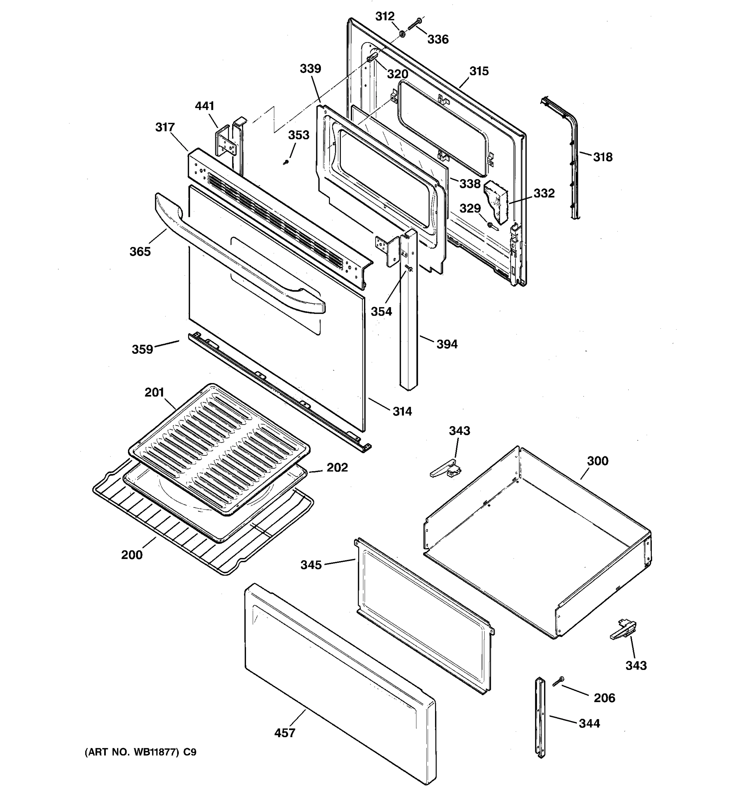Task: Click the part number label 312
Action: [x=385, y=16]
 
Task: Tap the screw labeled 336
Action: [x=413, y=24]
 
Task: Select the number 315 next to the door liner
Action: [x=479, y=71]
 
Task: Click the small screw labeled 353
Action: [x=286, y=162]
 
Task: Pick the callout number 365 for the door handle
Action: [x=140, y=252]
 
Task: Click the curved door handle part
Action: [x=240, y=256]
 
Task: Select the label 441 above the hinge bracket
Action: [x=205, y=106]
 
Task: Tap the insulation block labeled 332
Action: [x=496, y=202]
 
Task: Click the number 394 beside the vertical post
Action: [x=447, y=344]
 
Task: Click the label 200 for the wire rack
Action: [x=132, y=555]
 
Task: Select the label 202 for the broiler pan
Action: [x=337, y=468]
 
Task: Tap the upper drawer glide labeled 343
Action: [x=445, y=468]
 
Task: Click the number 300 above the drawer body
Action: [x=597, y=461]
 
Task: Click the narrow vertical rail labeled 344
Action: [x=541, y=717]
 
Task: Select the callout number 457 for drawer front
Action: [x=284, y=733]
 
